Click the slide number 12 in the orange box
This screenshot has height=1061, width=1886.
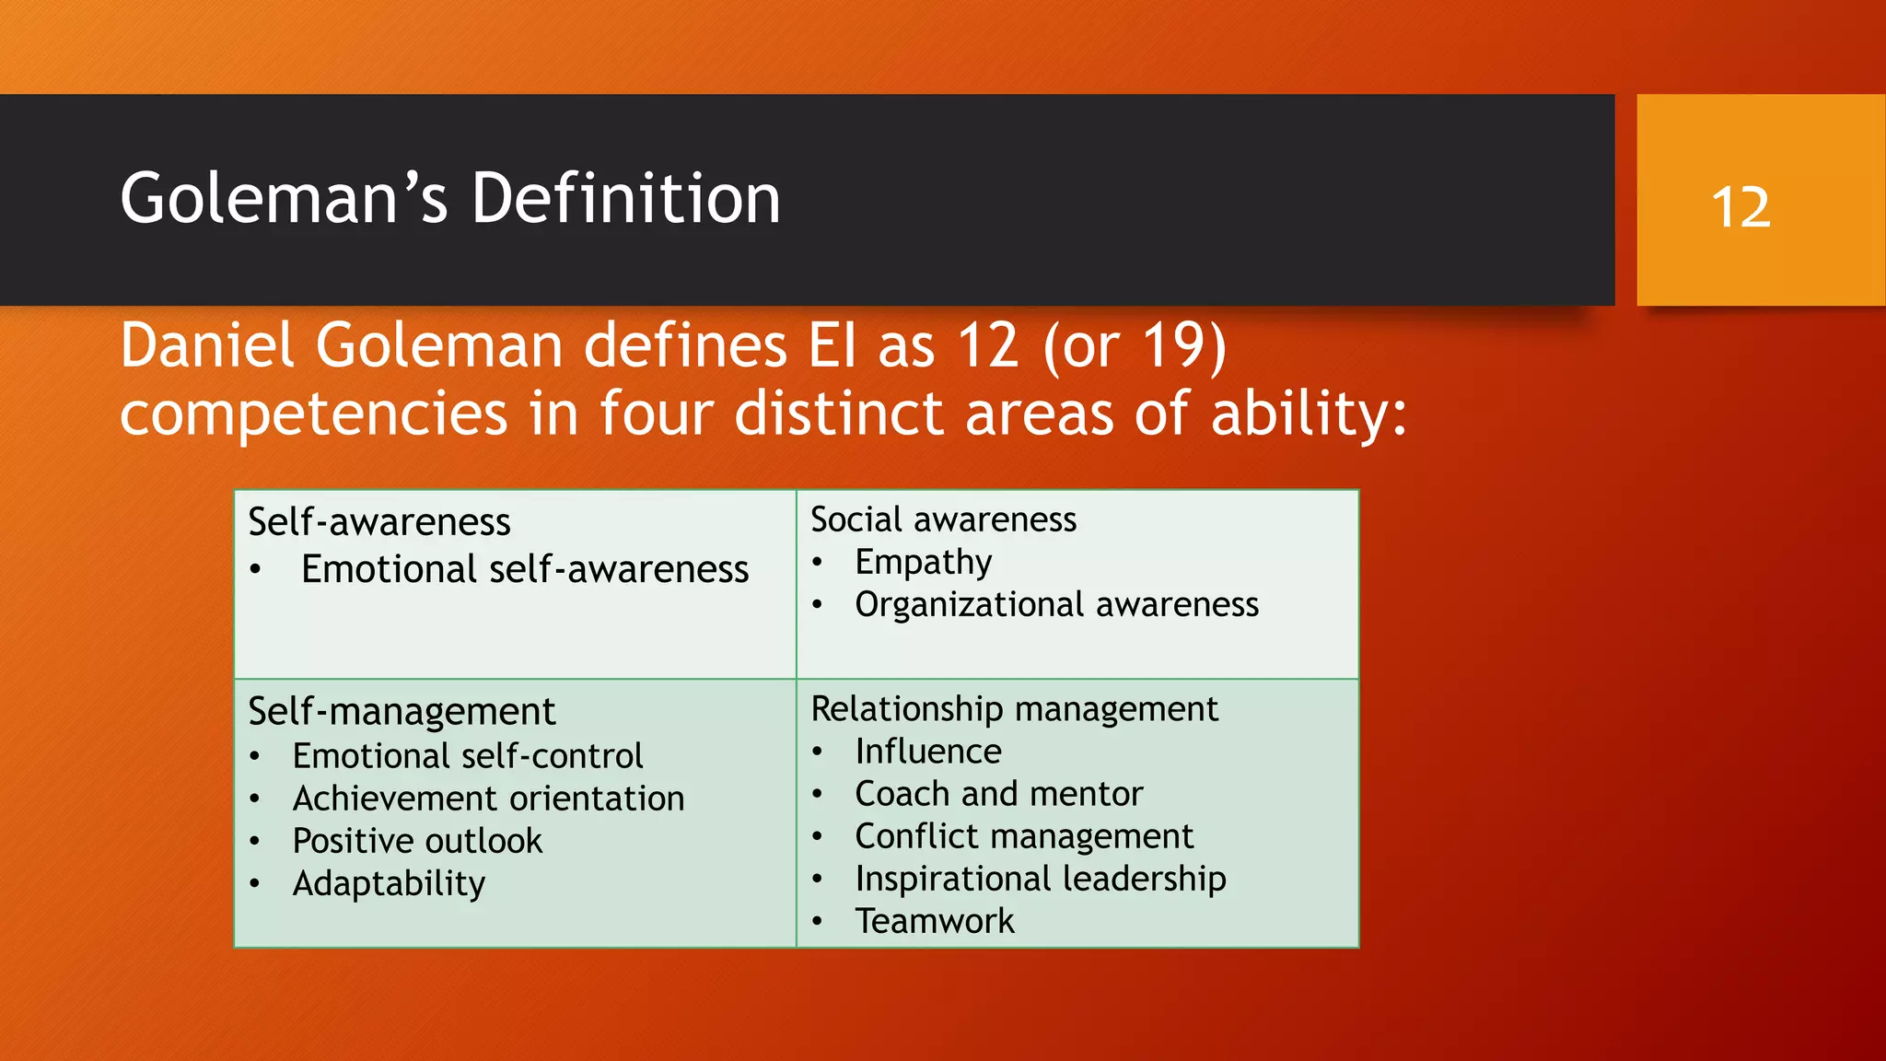click(1740, 206)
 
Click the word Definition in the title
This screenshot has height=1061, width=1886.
click(626, 199)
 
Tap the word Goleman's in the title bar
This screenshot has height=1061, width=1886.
click(284, 199)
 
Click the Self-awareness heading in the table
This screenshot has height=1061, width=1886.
click(379, 522)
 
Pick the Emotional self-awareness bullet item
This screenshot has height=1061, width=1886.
click(525, 569)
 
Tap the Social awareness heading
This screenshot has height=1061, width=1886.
click(943, 519)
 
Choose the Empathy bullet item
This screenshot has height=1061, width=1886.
click(923, 562)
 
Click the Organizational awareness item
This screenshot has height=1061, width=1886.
click(1056, 604)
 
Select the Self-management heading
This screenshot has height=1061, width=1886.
click(402, 711)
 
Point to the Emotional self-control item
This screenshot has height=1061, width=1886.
click(468, 756)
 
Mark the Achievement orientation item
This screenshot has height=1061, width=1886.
click(488, 799)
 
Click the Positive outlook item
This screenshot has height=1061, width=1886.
click(417, 841)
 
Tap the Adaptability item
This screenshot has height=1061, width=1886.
click(389, 883)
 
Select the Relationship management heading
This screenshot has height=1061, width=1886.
click(1014, 709)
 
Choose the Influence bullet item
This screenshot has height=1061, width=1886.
click(928, 752)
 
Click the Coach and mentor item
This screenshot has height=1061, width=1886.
click(998, 794)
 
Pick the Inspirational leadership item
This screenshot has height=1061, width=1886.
click(1041, 879)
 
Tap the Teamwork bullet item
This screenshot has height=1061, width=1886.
click(935, 921)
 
